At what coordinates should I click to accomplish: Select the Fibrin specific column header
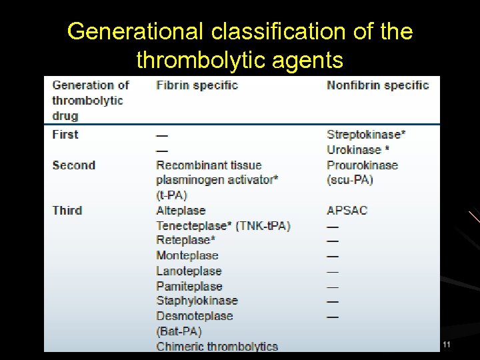[x=197, y=85]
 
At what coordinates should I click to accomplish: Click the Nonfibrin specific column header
[x=377, y=85]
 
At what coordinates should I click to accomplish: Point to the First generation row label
[x=65, y=134]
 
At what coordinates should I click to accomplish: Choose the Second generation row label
[x=73, y=165]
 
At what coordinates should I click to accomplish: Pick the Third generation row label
[x=67, y=210]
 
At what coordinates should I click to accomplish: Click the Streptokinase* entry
[x=366, y=134]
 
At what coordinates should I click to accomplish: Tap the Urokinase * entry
[x=358, y=150]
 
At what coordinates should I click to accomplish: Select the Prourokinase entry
[x=362, y=165]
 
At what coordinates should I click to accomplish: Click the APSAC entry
[x=347, y=210]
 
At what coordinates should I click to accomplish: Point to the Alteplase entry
[x=181, y=210]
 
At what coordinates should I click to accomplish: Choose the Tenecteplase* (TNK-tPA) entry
[x=223, y=225]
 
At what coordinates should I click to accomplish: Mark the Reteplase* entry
[x=185, y=240]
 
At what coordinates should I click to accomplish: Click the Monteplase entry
[x=187, y=255]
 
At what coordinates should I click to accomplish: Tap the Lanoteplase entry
[x=189, y=271]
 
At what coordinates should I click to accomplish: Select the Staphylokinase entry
[x=197, y=301]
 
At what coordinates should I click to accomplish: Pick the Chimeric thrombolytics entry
[x=217, y=346]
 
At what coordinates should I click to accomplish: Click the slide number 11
[x=447, y=345]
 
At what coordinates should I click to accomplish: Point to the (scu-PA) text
[x=349, y=180]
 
